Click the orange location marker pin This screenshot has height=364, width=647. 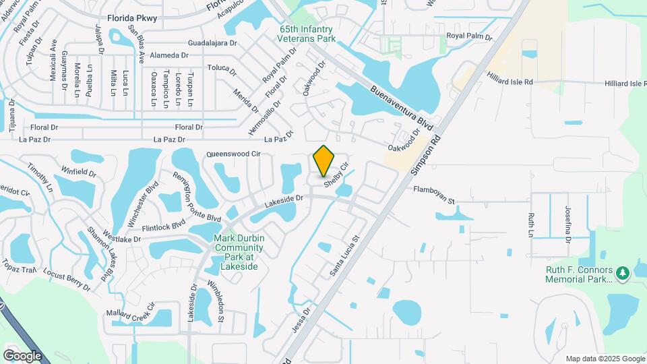click(324, 160)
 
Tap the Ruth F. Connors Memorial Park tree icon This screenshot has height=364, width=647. click(623, 272)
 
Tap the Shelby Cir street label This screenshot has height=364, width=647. click(336, 175)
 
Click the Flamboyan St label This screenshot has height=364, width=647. click(435, 195)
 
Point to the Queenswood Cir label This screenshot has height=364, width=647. click(233, 154)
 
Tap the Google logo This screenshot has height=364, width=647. click(22, 355)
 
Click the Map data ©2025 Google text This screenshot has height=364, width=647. click(605, 359)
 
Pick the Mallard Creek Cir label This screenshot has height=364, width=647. click(131, 309)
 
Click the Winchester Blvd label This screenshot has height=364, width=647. click(142, 204)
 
